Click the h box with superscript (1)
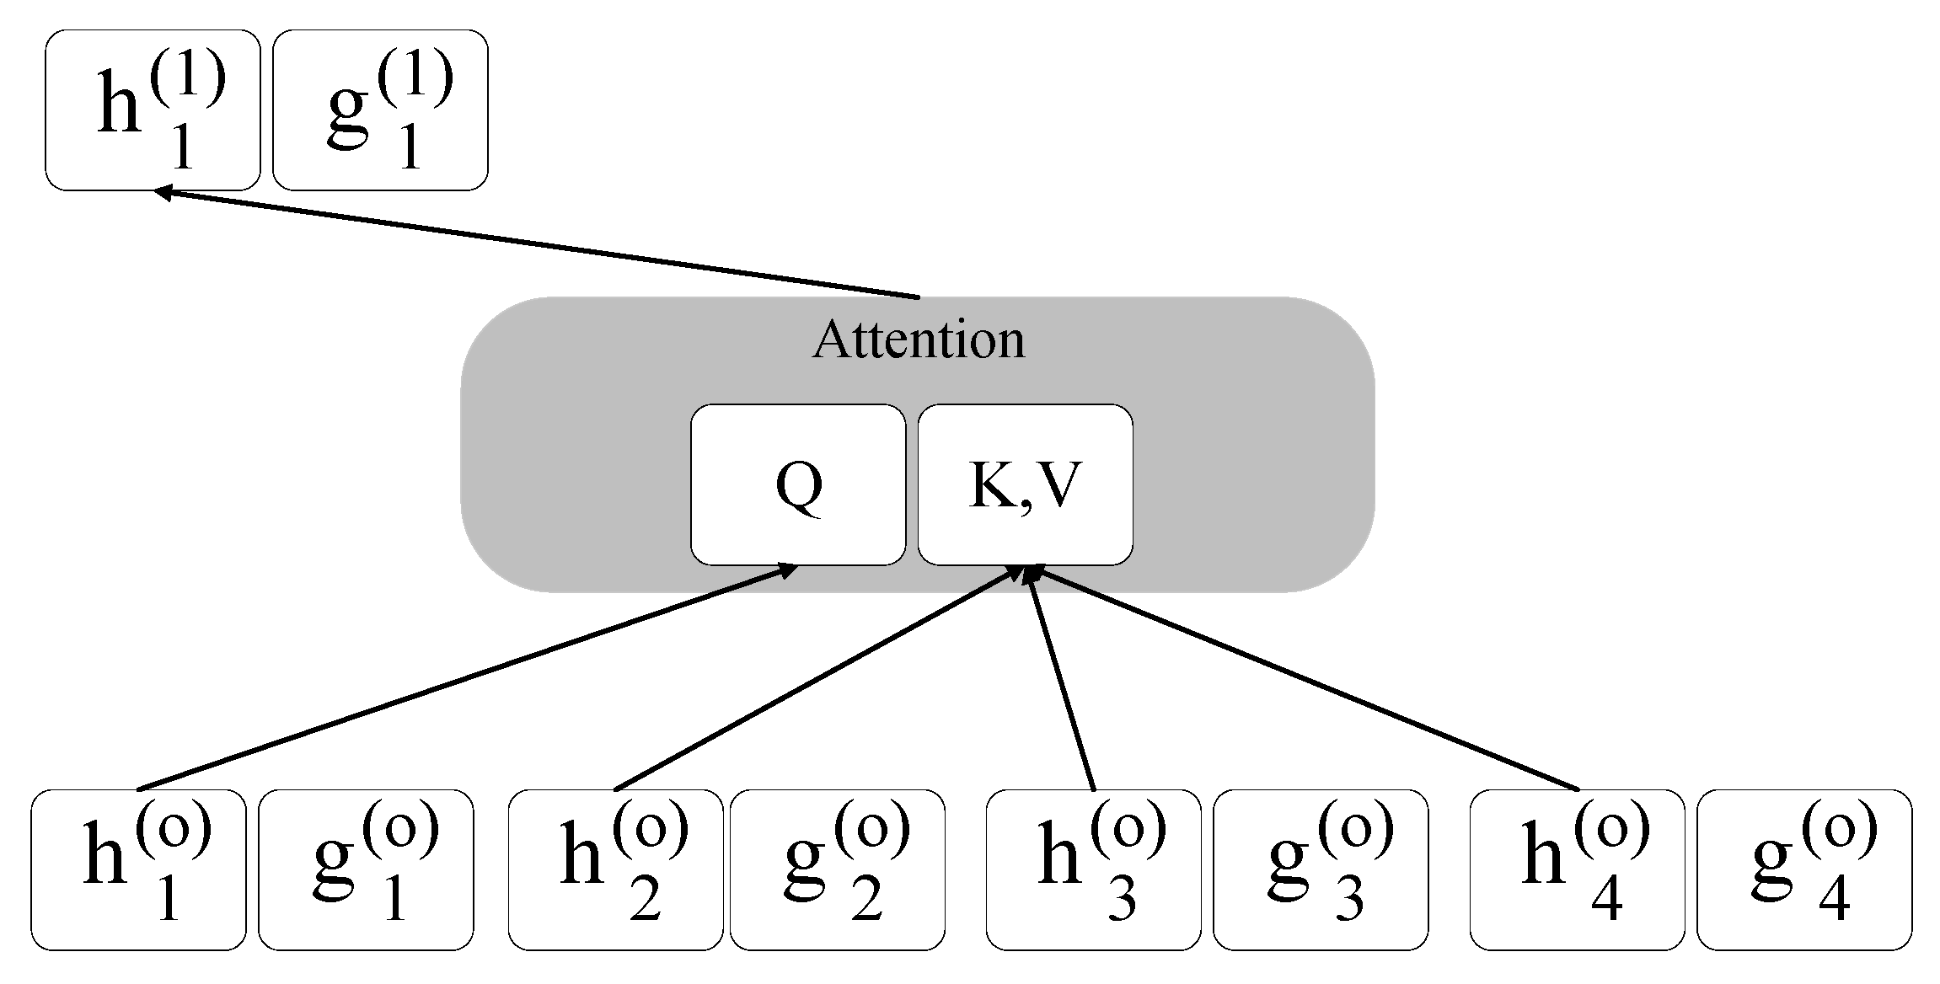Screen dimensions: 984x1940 coord(153,110)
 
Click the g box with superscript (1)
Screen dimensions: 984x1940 coord(380,110)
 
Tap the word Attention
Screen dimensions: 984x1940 coord(919,340)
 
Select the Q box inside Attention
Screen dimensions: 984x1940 coord(798,484)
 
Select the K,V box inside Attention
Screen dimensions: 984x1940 coord(1025,484)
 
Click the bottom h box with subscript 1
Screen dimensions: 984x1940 coord(138,869)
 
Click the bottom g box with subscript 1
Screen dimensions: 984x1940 coord(366,869)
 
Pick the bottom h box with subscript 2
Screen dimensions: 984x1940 coord(615,869)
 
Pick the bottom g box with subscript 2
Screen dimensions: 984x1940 coord(837,869)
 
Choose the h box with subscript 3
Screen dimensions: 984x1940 coord(1093,869)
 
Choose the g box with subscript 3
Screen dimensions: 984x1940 coord(1321,869)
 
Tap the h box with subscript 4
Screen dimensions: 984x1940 coord(1577,869)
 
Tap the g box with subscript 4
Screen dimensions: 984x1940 coord(1804,869)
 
